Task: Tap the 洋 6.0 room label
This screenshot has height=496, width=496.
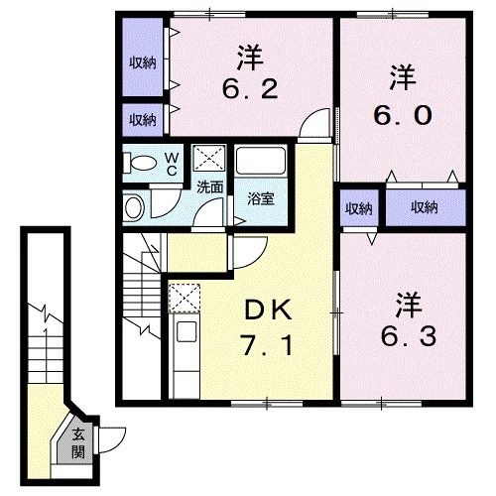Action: [x=401, y=94]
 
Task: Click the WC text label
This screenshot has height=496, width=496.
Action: [x=171, y=161]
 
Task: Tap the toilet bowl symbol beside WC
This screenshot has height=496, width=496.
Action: [x=141, y=162]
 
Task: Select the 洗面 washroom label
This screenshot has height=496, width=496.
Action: [x=208, y=186]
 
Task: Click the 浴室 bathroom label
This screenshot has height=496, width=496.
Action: [x=261, y=197]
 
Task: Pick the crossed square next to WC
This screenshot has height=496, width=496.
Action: [x=208, y=158]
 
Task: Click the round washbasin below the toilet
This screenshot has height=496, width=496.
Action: [x=134, y=206]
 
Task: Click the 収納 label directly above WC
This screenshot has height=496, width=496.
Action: [x=142, y=119]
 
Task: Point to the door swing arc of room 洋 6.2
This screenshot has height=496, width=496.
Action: [x=313, y=125]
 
